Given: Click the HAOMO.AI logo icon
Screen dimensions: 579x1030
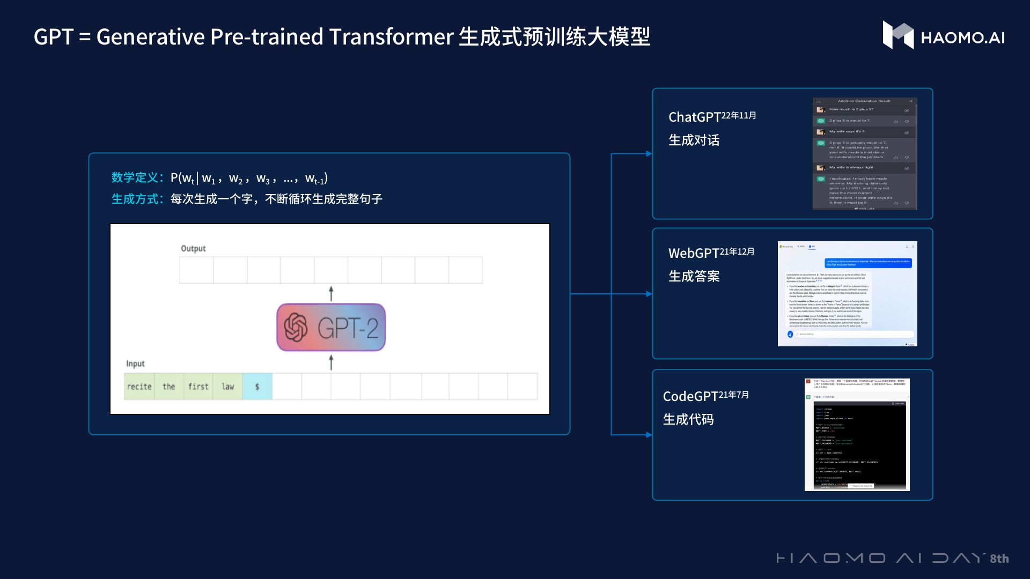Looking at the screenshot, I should pos(898,35).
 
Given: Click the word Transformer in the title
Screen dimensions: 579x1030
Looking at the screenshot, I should pos(391,37).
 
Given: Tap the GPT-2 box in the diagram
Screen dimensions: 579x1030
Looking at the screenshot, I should pos(331,328).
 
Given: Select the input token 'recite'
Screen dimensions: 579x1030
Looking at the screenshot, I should pos(139,387).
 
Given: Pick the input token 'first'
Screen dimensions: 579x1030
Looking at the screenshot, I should pos(198,387).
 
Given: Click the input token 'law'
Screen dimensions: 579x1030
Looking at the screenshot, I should pos(228,387).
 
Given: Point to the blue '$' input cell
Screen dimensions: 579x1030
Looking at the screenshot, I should pos(257,387).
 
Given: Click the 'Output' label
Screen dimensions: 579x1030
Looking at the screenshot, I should pos(193,249).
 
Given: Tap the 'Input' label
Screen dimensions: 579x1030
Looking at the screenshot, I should pos(135,363).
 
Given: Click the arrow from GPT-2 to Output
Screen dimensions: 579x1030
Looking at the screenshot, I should pos(331,293).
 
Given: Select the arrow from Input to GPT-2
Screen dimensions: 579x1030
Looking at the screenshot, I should pos(331,362).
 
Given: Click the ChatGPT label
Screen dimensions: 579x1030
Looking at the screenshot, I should pos(694,117).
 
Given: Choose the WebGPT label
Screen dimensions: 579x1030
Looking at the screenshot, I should pos(693,253).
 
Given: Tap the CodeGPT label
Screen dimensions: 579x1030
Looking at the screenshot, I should pos(690,396).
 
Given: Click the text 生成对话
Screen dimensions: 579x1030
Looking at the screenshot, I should pos(694,140).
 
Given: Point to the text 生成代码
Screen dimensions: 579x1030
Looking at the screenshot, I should pos(688,419).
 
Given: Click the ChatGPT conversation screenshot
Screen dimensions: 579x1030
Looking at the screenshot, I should pos(864,154).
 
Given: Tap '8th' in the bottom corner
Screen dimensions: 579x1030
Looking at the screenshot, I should pos(999,559).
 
